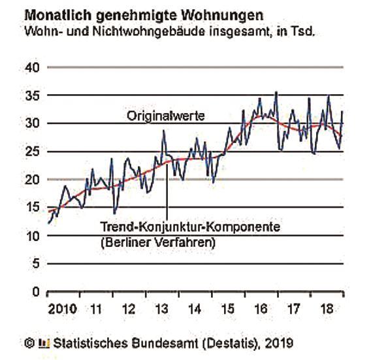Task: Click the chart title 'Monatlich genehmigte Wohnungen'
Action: tap(144, 16)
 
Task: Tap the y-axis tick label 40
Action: tap(32, 67)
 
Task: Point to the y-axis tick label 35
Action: tap(32, 95)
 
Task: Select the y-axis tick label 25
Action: tap(32, 152)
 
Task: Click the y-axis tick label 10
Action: tap(32, 236)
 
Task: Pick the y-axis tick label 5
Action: tap(36, 264)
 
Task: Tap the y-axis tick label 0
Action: tap(36, 292)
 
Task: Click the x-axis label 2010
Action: tap(63, 309)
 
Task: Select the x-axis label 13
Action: tap(162, 309)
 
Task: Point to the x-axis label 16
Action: tap(261, 309)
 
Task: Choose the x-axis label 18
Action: tap(327, 309)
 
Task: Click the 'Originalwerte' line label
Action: tap(166, 116)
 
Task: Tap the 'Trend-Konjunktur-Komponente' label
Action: tap(190, 227)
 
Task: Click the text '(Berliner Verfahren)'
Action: tap(158, 243)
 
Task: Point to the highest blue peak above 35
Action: tap(276, 92)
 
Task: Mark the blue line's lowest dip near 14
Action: tap(114, 213)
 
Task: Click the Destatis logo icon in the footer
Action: tap(44, 343)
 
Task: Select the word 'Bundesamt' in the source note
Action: tap(165, 343)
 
